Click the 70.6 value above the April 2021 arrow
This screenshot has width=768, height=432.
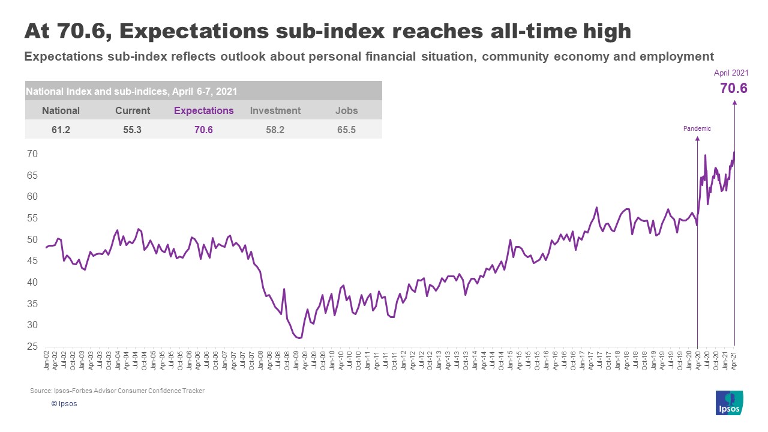click(x=733, y=89)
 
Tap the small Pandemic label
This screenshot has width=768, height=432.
click(x=697, y=128)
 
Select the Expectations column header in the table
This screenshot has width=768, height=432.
click(x=203, y=110)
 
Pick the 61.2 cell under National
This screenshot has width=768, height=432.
click(x=61, y=129)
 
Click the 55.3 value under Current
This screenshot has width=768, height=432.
click(x=132, y=129)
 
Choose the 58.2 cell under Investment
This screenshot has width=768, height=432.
click(x=275, y=129)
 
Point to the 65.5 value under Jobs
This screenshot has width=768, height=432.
click(x=346, y=129)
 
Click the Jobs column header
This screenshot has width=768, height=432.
click(x=346, y=110)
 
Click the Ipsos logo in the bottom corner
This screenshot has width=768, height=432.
click(x=730, y=402)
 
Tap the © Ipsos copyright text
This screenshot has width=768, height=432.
click(x=64, y=404)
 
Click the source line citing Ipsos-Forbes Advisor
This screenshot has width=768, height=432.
click(x=117, y=391)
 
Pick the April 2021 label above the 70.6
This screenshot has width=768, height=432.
click(x=731, y=73)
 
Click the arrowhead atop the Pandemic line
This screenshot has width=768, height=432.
click(x=697, y=139)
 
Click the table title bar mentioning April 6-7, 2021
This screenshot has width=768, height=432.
click(x=203, y=91)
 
